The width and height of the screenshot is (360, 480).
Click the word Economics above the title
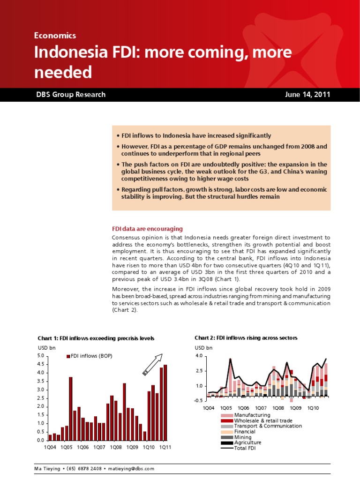(55, 35)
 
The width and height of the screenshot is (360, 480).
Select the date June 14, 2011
(307, 94)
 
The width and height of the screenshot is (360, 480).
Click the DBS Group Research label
(71, 94)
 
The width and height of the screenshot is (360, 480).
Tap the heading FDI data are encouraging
(147, 229)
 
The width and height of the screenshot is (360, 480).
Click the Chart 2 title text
(246, 337)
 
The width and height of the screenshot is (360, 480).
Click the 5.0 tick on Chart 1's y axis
(41, 356)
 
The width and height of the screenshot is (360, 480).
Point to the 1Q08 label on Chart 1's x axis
(116, 448)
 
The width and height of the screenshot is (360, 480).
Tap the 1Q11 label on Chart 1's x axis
(165, 448)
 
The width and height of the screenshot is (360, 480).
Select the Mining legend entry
(243, 437)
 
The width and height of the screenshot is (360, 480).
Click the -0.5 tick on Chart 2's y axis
(199, 400)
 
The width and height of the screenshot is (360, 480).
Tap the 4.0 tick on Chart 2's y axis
(199, 356)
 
